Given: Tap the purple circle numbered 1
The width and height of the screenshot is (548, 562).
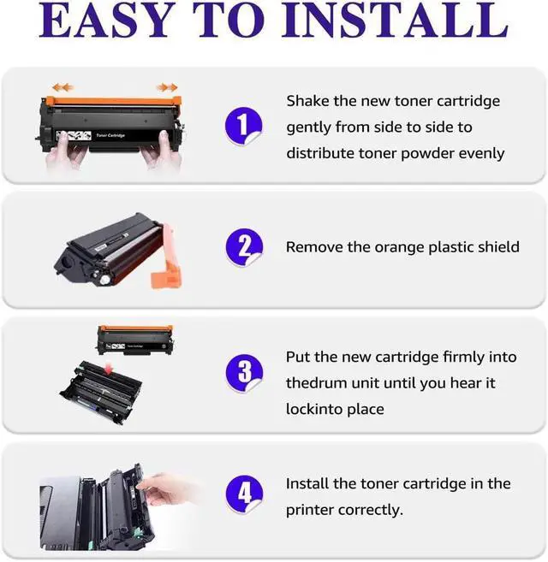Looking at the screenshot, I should click(x=244, y=127).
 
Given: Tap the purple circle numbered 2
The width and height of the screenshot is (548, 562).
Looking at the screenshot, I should click(x=244, y=248).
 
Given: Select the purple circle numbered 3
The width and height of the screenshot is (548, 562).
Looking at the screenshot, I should click(x=244, y=373).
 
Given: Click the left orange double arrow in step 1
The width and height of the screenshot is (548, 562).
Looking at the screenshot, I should click(x=61, y=86).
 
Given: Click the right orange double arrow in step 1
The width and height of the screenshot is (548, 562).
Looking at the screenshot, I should click(x=167, y=86).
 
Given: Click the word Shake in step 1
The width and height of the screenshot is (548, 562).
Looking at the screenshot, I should click(x=307, y=101).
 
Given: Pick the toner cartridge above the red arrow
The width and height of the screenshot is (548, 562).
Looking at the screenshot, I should click(x=134, y=340).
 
